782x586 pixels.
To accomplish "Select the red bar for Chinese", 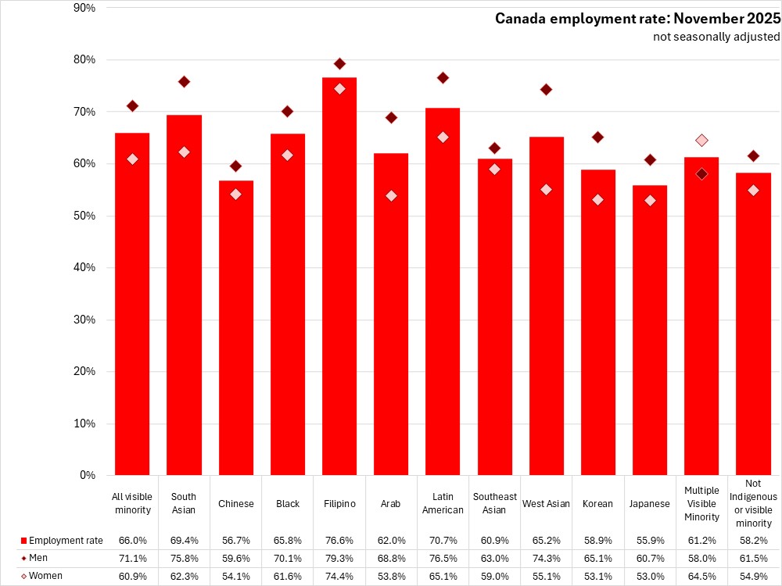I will point(235,328).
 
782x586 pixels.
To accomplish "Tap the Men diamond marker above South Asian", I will point(184,82).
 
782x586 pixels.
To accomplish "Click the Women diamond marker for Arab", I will point(391,195).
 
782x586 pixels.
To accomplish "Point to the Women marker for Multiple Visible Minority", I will point(702,141).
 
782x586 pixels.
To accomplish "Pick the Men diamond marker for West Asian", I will point(546,90).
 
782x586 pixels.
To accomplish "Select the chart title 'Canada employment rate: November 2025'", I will point(637,19).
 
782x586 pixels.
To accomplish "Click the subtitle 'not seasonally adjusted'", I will point(716,37).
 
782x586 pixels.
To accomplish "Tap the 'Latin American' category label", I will point(443,503).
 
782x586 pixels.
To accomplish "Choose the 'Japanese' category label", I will point(651,504).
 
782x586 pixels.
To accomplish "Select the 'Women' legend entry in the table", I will point(45,576).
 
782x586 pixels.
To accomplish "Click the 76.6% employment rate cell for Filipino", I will point(339,540).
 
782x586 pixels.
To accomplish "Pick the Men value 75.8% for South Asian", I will point(184,558).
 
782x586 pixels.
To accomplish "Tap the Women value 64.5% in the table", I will point(702,576).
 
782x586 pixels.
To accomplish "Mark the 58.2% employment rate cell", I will point(755,540).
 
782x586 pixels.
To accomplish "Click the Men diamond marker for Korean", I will point(598,138).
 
